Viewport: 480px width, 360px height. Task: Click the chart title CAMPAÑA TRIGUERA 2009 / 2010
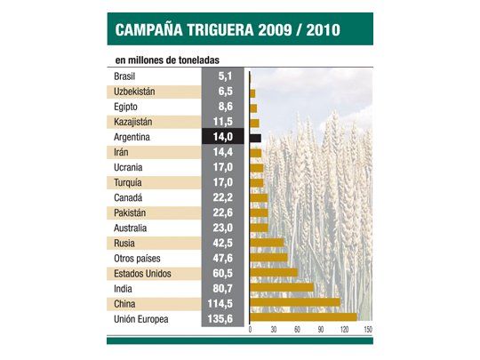click(227, 31)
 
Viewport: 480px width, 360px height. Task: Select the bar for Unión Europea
click(304, 317)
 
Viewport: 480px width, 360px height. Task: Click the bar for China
click(295, 302)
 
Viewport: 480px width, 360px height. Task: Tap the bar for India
click(282, 287)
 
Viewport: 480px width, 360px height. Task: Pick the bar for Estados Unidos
click(274, 272)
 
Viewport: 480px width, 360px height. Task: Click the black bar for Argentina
click(256, 138)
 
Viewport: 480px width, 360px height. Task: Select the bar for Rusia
click(267, 242)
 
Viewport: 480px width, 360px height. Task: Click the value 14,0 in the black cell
click(220, 137)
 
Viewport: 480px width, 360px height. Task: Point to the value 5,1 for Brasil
click(224, 76)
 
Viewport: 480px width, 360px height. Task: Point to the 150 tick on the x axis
click(367, 330)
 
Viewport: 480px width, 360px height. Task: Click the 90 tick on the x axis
click(321, 330)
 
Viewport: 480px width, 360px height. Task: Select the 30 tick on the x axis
click(274, 330)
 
